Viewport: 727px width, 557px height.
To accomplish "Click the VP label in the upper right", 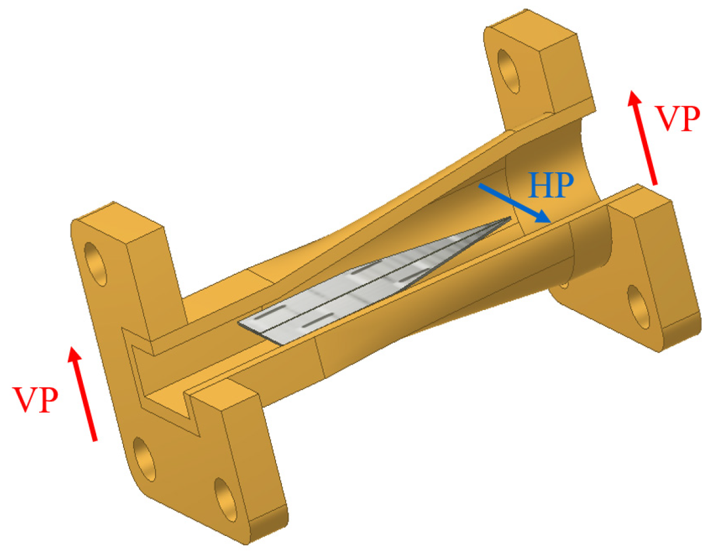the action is pyautogui.click(x=677, y=119).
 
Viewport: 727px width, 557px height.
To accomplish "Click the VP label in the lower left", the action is pyautogui.click(x=36, y=400).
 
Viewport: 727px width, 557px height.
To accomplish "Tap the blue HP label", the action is pyautogui.click(x=551, y=186).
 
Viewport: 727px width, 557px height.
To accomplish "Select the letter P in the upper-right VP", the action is pyautogui.click(x=689, y=119).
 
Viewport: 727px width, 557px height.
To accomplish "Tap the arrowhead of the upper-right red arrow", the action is pyautogui.click(x=633, y=100).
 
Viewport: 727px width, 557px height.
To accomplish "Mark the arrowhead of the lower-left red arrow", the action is pyautogui.click(x=74, y=356).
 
